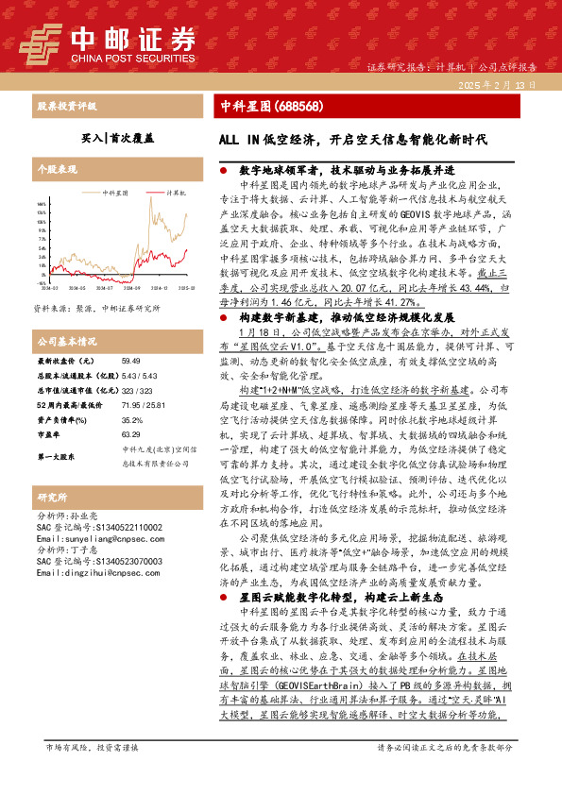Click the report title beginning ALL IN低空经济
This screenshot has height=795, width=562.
(353, 139)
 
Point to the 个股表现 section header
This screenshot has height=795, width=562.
(57, 170)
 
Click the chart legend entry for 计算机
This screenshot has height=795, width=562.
(174, 192)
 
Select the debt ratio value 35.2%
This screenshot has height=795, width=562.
(131, 418)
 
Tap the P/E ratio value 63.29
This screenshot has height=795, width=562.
(130, 432)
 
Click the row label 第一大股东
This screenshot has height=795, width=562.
(57, 456)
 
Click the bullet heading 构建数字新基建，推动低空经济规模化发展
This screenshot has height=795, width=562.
(344, 345)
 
